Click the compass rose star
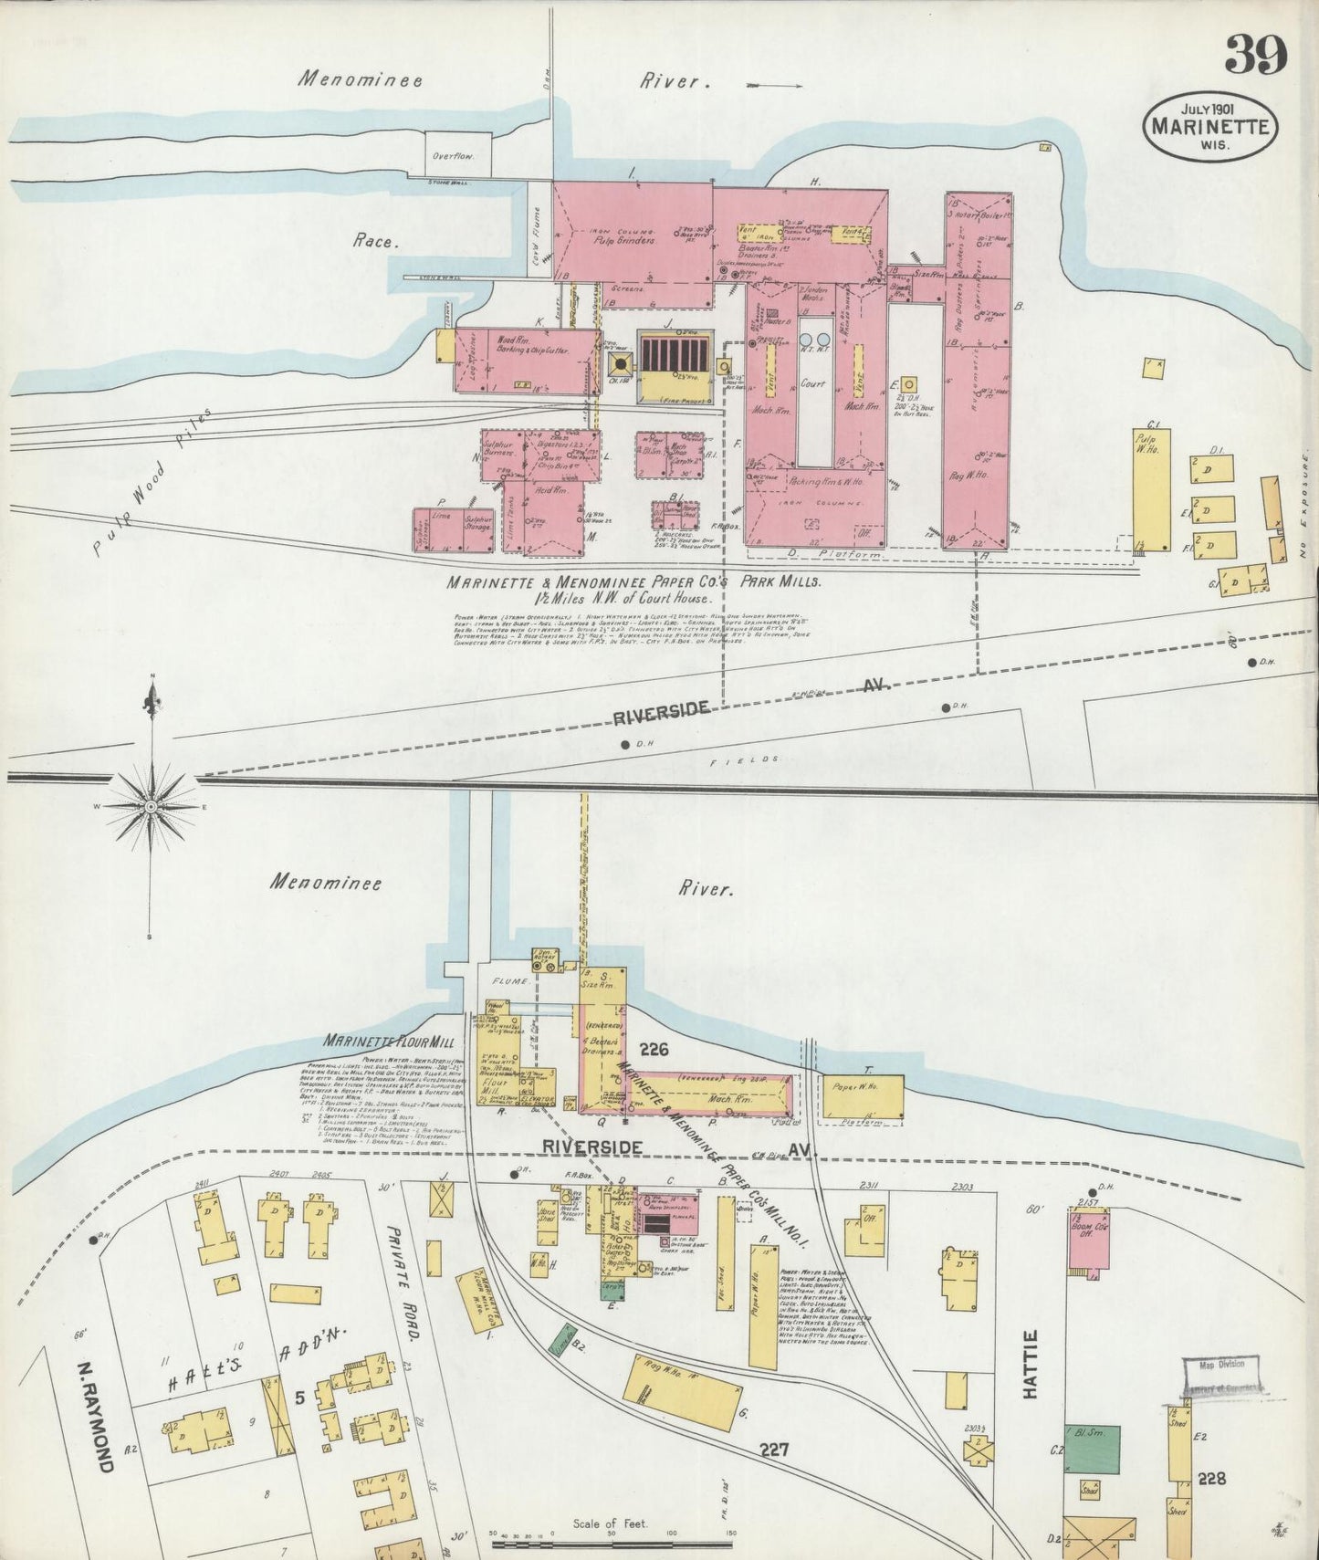point(151,807)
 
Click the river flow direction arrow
point(775,86)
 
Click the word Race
point(375,242)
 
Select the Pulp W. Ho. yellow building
point(1151,488)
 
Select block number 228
point(1212,1478)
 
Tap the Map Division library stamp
point(1220,1376)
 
